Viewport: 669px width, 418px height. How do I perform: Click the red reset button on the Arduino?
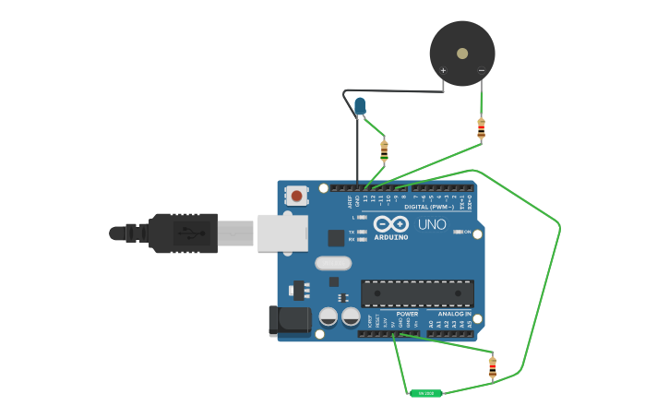click(296, 196)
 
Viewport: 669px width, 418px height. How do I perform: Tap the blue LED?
click(360, 107)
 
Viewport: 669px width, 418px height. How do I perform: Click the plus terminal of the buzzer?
click(443, 71)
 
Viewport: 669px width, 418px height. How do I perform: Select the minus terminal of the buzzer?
click(481, 71)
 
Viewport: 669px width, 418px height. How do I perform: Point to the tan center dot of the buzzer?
click(462, 54)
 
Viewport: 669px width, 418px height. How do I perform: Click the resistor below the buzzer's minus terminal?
click(481, 128)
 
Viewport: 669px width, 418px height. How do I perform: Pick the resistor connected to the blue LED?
click(384, 149)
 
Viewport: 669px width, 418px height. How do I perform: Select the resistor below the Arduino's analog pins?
click(492, 367)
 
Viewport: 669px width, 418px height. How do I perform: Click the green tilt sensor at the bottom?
click(426, 393)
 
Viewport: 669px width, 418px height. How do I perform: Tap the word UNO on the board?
click(432, 224)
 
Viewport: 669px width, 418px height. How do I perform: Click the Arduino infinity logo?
click(391, 224)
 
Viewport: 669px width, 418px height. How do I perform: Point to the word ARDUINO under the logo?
click(390, 237)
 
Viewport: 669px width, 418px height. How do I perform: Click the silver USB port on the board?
click(281, 233)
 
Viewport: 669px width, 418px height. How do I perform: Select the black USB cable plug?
click(185, 233)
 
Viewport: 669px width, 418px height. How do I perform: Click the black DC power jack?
click(289, 320)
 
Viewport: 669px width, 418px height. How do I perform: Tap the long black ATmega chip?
click(417, 293)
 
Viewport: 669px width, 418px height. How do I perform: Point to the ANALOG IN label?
click(454, 314)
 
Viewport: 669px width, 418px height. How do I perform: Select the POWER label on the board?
click(407, 314)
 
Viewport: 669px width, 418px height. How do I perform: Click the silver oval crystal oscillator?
click(332, 263)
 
